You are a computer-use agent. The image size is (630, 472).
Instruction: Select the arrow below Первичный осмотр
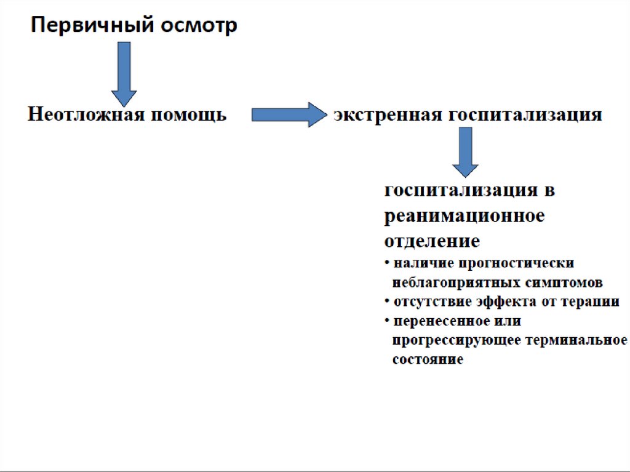point(124,73)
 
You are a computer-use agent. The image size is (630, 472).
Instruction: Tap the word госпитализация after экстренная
point(524,115)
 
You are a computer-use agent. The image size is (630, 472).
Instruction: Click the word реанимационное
point(465,217)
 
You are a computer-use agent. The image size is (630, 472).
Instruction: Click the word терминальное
point(572,340)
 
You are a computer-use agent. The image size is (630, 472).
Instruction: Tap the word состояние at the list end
point(428,359)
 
